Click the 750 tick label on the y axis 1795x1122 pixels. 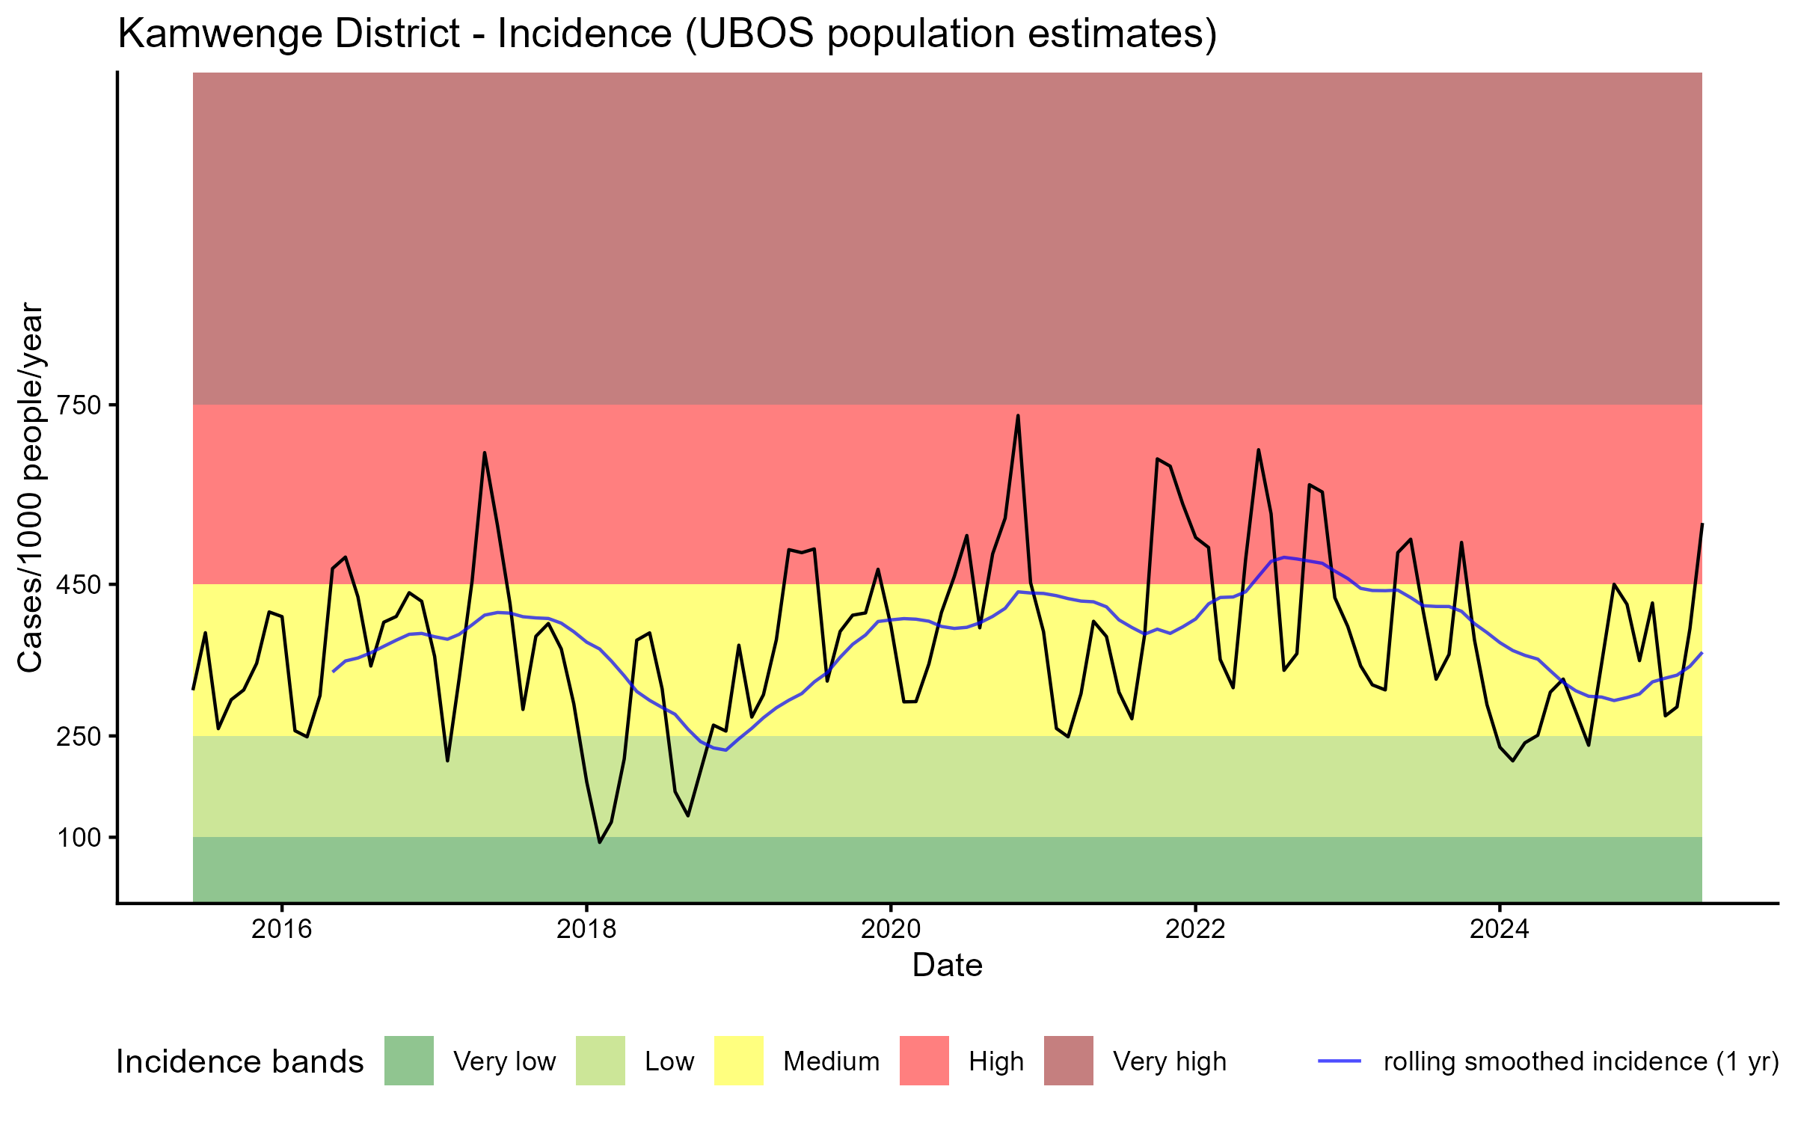click(79, 405)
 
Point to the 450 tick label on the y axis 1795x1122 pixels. click(79, 584)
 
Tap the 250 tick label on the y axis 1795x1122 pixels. click(79, 736)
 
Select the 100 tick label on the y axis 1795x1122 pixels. click(79, 837)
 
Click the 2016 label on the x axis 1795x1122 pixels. click(281, 929)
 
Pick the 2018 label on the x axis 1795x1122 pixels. click(586, 929)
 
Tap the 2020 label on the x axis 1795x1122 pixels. click(891, 929)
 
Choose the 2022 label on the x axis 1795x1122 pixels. click(1195, 929)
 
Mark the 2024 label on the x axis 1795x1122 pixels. click(1500, 929)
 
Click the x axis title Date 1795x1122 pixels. click(947, 966)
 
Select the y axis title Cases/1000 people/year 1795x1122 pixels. click(30, 487)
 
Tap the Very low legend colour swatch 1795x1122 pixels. click(409, 1061)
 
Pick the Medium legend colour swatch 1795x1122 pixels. click(739, 1061)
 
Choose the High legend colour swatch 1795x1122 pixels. click(924, 1061)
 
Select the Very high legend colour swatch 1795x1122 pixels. click(1069, 1061)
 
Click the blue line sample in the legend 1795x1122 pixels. click(1340, 1061)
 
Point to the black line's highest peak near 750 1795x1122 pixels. click(1018, 416)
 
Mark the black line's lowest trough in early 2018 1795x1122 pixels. click(599, 842)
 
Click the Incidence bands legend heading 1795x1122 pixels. click(240, 1062)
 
